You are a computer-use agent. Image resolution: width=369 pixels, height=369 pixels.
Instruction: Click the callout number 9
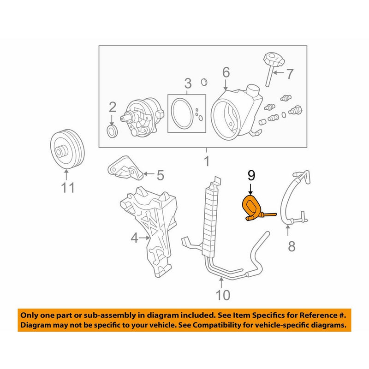[251, 175]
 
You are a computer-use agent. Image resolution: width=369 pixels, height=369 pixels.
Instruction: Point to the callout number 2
[112, 107]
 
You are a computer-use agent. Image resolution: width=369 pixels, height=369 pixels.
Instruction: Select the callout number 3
[188, 83]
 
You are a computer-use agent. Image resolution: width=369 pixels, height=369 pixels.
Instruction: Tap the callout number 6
[226, 72]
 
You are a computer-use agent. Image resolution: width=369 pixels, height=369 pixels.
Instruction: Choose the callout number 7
[289, 73]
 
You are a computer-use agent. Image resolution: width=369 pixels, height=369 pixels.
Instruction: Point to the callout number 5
[160, 175]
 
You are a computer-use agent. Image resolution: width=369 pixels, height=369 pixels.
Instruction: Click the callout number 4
[134, 238]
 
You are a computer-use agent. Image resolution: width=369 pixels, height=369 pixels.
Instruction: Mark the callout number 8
[291, 247]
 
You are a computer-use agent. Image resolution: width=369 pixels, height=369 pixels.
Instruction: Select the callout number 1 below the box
[207, 161]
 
